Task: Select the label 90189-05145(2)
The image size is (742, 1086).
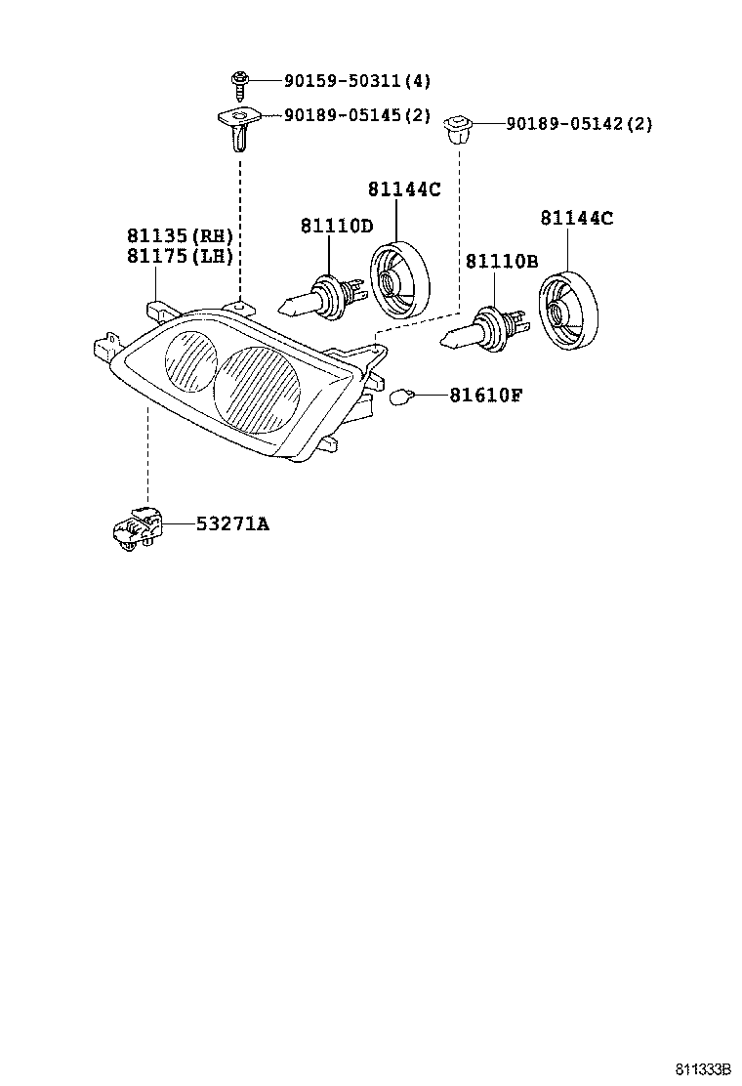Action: coord(357,115)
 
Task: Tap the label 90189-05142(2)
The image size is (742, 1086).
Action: coord(579,124)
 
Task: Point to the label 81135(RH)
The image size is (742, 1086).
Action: coord(179,235)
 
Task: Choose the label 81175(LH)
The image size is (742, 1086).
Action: coord(179,256)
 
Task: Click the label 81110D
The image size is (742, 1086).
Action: coord(336,227)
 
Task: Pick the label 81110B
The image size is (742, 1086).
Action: coord(502,262)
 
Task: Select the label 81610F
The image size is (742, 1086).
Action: coord(486,396)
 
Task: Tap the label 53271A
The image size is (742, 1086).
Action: coord(232,524)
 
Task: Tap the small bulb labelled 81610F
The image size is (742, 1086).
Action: coord(400,397)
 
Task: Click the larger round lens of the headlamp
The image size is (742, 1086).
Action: coord(258,389)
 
